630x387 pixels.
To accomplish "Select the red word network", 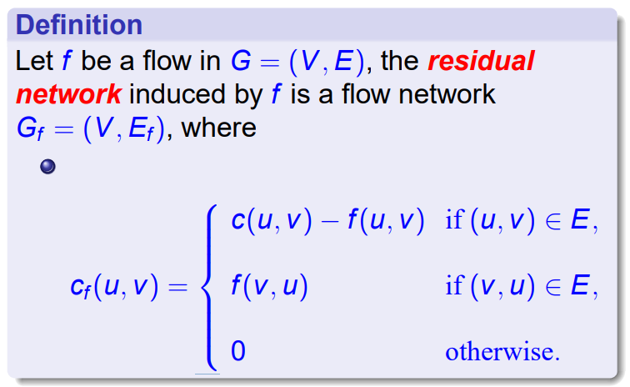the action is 70,94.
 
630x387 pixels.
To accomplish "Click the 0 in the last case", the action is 238,351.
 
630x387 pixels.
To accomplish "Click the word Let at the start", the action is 33,62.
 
